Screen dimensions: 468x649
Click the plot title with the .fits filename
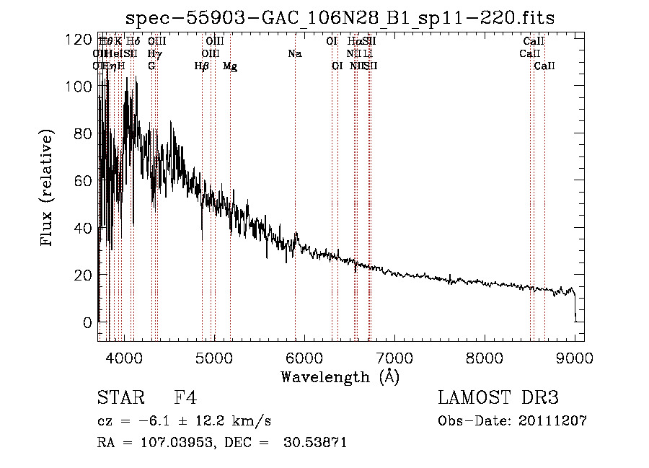click(340, 18)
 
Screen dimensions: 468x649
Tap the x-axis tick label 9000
click(575, 358)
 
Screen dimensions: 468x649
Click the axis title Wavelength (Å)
click(340, 376)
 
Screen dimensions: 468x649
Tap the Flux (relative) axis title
click(48, 189)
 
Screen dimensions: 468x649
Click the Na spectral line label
click(294, 54)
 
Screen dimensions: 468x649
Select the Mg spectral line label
click(230, 66)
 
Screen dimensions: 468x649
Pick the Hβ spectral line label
click(202, 66)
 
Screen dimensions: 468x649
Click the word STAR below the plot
click(120, 398)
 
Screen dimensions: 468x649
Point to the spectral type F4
click(185, 398)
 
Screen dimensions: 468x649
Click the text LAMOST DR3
click(498, 398)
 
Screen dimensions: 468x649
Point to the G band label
click(151, 66)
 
